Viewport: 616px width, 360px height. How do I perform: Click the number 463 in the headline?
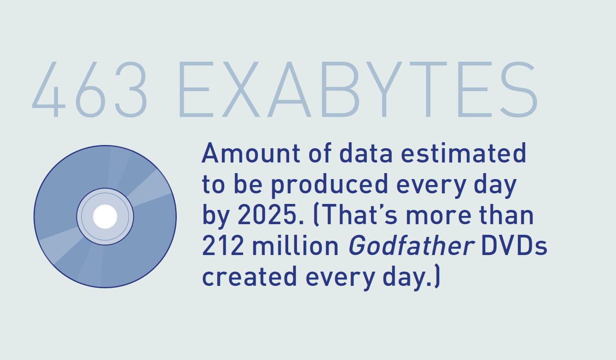point(90,89)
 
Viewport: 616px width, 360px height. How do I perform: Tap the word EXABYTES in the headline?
point(358,89)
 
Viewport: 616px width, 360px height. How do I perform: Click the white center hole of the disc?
point(105,216)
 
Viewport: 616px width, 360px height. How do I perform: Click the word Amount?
point(250,153)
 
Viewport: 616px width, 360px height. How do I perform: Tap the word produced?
point(330,185)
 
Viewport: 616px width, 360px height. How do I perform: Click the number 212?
point(223,246)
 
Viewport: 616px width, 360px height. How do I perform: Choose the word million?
point(296,245)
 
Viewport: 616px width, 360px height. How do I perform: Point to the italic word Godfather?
point(412,245)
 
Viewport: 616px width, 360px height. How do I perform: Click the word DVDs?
point(514,246)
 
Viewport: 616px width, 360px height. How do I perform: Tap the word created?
point(250,277)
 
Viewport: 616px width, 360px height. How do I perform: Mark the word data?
point(366,153)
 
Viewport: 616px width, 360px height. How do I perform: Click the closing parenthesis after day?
point(437,276)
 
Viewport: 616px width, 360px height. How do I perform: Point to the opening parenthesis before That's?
point(316,215)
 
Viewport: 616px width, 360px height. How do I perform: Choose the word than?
point(506,215)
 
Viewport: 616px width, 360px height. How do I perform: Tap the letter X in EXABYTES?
point(241,89)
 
